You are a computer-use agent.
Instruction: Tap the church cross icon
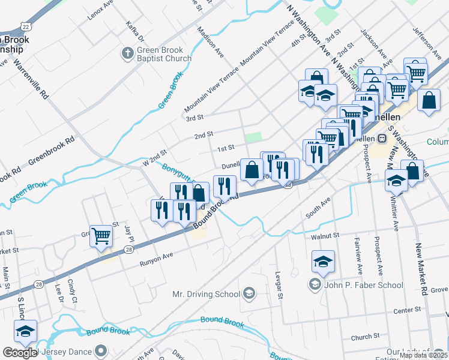coord(127,54)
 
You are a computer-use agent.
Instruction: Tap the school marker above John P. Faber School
coord(323,262)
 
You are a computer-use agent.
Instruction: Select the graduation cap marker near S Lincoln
coord(26,331)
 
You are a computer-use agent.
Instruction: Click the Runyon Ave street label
coord(156,259)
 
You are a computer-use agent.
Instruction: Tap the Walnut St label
coord(325,236)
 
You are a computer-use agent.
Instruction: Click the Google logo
coord(19,353)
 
